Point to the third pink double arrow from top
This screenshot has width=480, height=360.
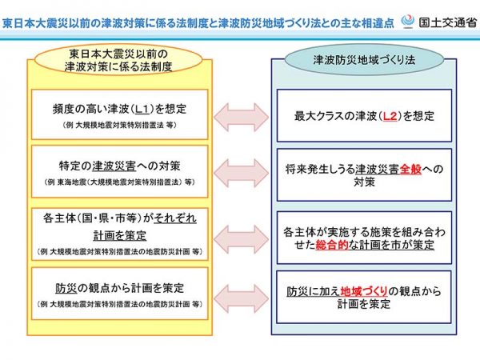[x=238, y=234]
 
